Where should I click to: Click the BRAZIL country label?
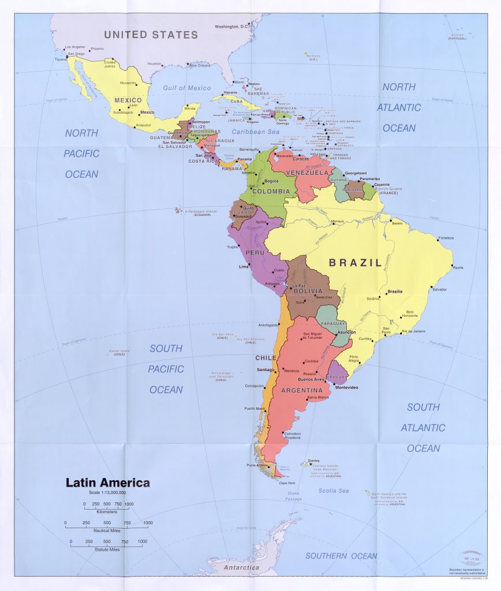(355, 263)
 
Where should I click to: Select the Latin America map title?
(107, 482)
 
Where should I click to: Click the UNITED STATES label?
(151, 35)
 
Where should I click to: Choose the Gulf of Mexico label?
(186, 88)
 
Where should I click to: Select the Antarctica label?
(242, 568)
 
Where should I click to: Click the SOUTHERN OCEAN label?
(341, 556)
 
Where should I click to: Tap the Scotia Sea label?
(334, 491)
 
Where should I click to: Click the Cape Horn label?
(287, 482)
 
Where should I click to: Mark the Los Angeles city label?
(75, 47)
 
